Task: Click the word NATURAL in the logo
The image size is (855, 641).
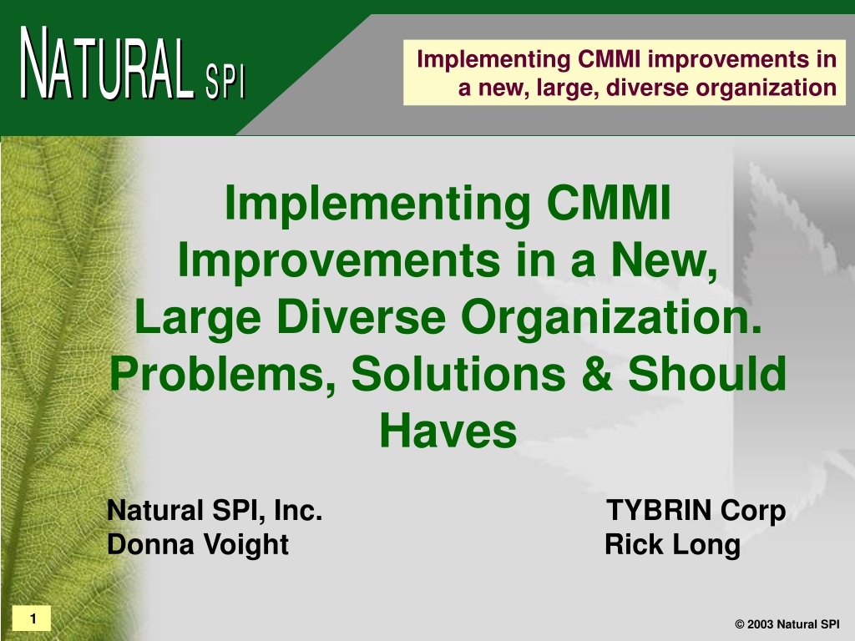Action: click(107, 64)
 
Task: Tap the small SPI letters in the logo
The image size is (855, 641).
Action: click(225, 82)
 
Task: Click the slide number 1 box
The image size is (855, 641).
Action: click(32, 618)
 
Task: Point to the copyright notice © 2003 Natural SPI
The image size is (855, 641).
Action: click(787, 624)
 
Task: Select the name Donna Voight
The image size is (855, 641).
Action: click(197, 544)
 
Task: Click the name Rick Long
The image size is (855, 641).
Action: click(672, 544)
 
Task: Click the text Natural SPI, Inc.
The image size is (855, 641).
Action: click(215, 510)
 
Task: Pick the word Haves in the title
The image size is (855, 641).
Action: click(448, 431)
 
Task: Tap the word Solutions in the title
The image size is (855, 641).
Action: click(458, 373)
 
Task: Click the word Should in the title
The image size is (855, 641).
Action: click(707, 373)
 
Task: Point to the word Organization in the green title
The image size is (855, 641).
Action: click(611, 318)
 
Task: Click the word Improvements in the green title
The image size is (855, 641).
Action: click(339, 260)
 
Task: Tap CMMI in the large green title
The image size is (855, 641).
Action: click(608, 203)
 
